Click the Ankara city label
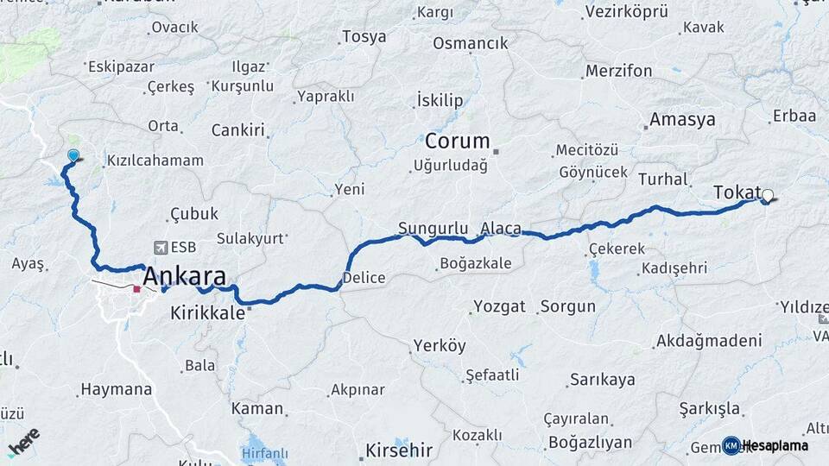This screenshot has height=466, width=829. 185,277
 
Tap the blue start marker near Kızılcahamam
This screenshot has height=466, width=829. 73,155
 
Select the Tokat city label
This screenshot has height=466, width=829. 737,192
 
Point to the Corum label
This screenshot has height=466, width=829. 457,141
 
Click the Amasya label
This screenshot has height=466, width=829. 682,119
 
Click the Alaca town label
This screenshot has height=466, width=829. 501,229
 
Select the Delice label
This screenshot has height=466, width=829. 364,278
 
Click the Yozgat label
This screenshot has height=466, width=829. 499,306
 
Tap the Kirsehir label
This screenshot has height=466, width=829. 397,450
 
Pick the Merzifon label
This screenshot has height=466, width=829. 618,71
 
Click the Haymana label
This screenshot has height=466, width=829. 116,390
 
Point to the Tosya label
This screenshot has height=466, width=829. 364,36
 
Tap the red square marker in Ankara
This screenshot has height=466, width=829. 136,288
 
